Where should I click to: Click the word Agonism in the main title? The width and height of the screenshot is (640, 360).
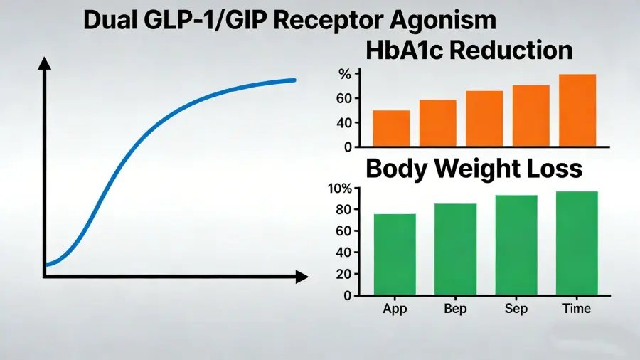pos(443,20)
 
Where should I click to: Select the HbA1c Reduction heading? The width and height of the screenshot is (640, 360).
pos(469,51)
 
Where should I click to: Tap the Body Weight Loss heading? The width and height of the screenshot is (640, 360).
pos(474,169)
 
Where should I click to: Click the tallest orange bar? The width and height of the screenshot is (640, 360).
pos(577,110)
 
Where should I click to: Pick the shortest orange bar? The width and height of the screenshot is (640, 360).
pos(391,128)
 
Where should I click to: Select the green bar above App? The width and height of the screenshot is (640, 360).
pos(395,254)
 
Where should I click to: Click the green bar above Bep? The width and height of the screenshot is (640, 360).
pos(455,249)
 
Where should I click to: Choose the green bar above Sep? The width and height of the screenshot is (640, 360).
pos(516,245)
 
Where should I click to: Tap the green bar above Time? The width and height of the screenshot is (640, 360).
pos(577,243)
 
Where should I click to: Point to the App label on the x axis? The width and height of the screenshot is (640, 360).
pos(395,309)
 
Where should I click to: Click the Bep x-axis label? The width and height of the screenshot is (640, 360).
pos(455,308)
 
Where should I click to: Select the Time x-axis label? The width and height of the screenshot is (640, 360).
pos(576,308)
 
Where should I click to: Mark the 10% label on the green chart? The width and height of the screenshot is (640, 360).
pos(340,189)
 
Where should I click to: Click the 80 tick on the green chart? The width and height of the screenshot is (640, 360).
pos(343,210)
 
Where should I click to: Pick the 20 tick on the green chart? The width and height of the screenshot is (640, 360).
pos(343,275)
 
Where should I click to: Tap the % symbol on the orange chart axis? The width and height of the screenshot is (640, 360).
pos(345,74)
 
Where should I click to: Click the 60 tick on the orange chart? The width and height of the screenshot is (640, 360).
pos(344,98)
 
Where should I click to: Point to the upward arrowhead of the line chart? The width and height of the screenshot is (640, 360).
pos(45,63)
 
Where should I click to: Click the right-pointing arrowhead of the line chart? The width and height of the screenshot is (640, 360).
pos(302,277)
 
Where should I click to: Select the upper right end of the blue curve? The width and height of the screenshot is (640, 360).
pos(294,80)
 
